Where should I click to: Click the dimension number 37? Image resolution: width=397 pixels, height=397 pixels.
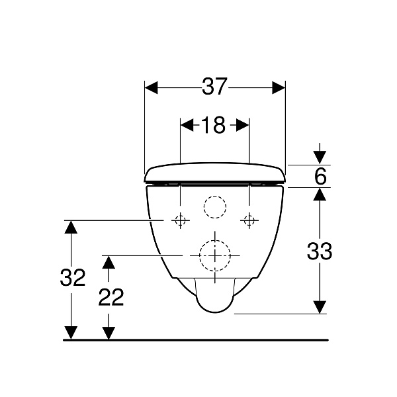pos(214,86)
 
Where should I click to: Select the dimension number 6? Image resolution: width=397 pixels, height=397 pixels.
pos(320,176)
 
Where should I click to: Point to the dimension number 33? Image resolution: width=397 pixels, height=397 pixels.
pos(320,251)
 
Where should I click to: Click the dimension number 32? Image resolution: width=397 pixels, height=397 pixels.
pos(73,277)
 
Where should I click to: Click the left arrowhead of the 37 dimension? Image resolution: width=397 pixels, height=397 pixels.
pos(151,87)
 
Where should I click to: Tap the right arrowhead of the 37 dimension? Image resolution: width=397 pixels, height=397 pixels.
pos(279,87)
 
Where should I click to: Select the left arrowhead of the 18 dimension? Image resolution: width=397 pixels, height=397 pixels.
pos(187,125)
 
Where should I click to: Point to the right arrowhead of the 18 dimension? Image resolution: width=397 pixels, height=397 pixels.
pos(243,125)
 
